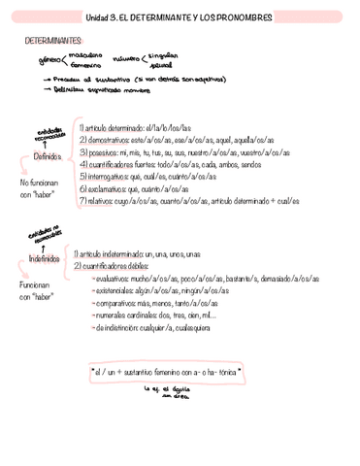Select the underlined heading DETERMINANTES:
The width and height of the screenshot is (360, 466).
54,42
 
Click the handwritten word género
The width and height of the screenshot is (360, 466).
49,60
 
